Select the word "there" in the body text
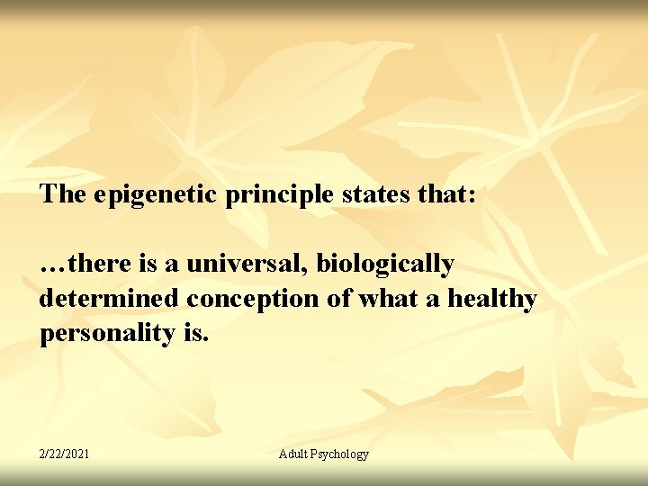[97, 265]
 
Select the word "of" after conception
[341, 299]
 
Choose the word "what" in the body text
[388, 299]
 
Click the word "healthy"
[491, 299]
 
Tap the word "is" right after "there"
[148, 265]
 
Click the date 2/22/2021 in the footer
[64, 454]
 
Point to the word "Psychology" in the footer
[341, 454]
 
